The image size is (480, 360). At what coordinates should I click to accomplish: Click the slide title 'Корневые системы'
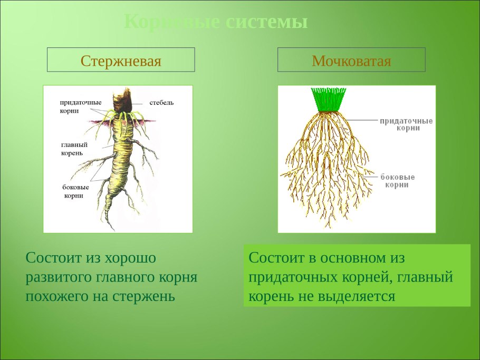pos(215,23)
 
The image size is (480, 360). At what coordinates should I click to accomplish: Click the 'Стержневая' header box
pos(121,60)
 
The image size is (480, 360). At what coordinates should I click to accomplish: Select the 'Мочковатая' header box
pos(351,60)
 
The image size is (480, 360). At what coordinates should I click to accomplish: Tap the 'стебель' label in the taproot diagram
pos(161,102)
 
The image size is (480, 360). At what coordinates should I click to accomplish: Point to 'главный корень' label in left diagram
pos(74,149)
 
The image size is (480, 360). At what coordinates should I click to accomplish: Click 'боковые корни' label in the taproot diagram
pos(75,191)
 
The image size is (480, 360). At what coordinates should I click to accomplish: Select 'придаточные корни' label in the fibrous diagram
pos(406,124)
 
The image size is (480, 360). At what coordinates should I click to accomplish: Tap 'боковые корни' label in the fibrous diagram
pos(398,181)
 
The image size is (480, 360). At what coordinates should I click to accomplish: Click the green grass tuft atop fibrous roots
pos(328,99)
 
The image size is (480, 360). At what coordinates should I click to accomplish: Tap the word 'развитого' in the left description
pos(59,277)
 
